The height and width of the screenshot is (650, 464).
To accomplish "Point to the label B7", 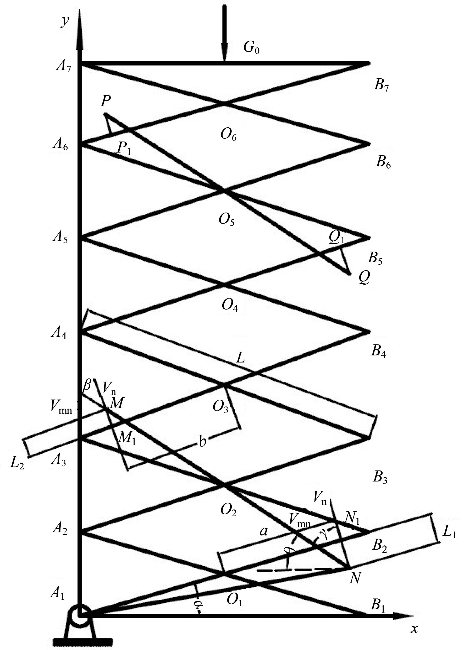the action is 382,86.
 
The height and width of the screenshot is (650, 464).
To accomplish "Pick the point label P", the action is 106,101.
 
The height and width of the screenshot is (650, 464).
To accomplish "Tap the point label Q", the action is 364,277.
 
